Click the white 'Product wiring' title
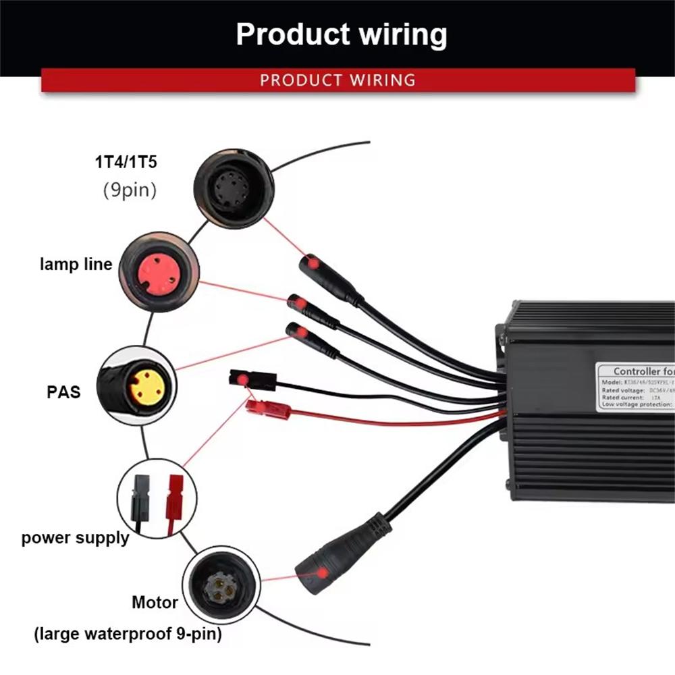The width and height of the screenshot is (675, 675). click(x=341, y=34)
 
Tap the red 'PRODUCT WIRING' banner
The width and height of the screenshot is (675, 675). click(x=337, y=80)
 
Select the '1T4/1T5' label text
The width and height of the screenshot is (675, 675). click(x=129, y=163)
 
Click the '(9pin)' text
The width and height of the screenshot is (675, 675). click(x=129, y=190)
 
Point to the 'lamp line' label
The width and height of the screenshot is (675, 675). click(x=76, y=264)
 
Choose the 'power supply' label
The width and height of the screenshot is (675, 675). click(x=75, y=538)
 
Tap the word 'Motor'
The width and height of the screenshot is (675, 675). click(x=155, y=601)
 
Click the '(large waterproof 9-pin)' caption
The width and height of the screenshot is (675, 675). click(x=128, y=634)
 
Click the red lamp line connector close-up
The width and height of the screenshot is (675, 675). click(x=159, y=272)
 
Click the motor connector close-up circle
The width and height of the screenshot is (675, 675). click(x=221, y=585)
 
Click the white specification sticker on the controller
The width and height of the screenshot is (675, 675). click(x=634, y=386)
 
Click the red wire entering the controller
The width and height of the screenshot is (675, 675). click(x=405, y=420)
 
